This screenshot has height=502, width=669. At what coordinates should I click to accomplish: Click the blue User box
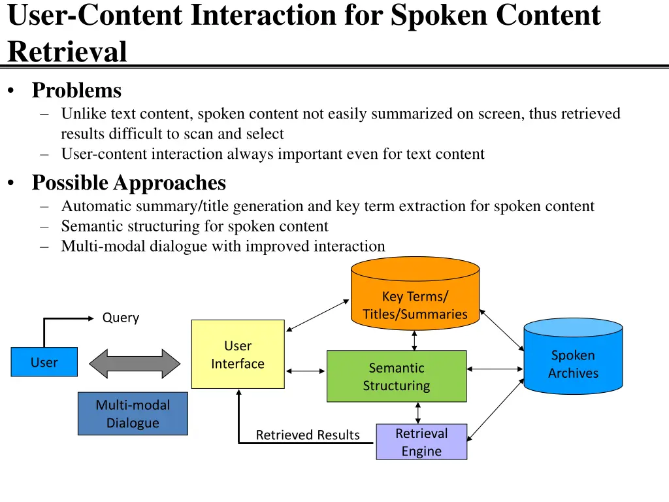[x=44, y=362]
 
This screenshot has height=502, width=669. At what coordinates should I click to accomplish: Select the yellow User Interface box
[x=238, y=354]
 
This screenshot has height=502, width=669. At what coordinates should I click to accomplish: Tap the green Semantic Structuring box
[x=397, y=376]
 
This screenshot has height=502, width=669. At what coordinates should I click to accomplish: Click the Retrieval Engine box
[x=421, y=442]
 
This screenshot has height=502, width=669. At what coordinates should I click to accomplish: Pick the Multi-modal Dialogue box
[x=133, y=414]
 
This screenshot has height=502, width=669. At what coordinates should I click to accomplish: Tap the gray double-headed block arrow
[x=134, y=363]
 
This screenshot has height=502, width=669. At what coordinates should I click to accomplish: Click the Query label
[x=121, y=318]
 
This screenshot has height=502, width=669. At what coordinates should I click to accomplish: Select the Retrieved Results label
[x=308, y=435]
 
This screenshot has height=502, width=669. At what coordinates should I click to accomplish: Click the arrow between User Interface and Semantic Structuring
[x=305, y=371]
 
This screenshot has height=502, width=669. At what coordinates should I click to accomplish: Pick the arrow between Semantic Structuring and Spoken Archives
[x=495, y=369]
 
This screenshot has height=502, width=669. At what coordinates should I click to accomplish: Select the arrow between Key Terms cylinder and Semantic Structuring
[x=414, y=340]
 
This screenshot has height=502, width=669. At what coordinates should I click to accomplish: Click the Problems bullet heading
[x=76, y=90]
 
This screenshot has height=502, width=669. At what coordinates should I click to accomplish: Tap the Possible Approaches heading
[x=129, y=182]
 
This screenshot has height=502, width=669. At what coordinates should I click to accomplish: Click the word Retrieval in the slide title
[x=67, y=52]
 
